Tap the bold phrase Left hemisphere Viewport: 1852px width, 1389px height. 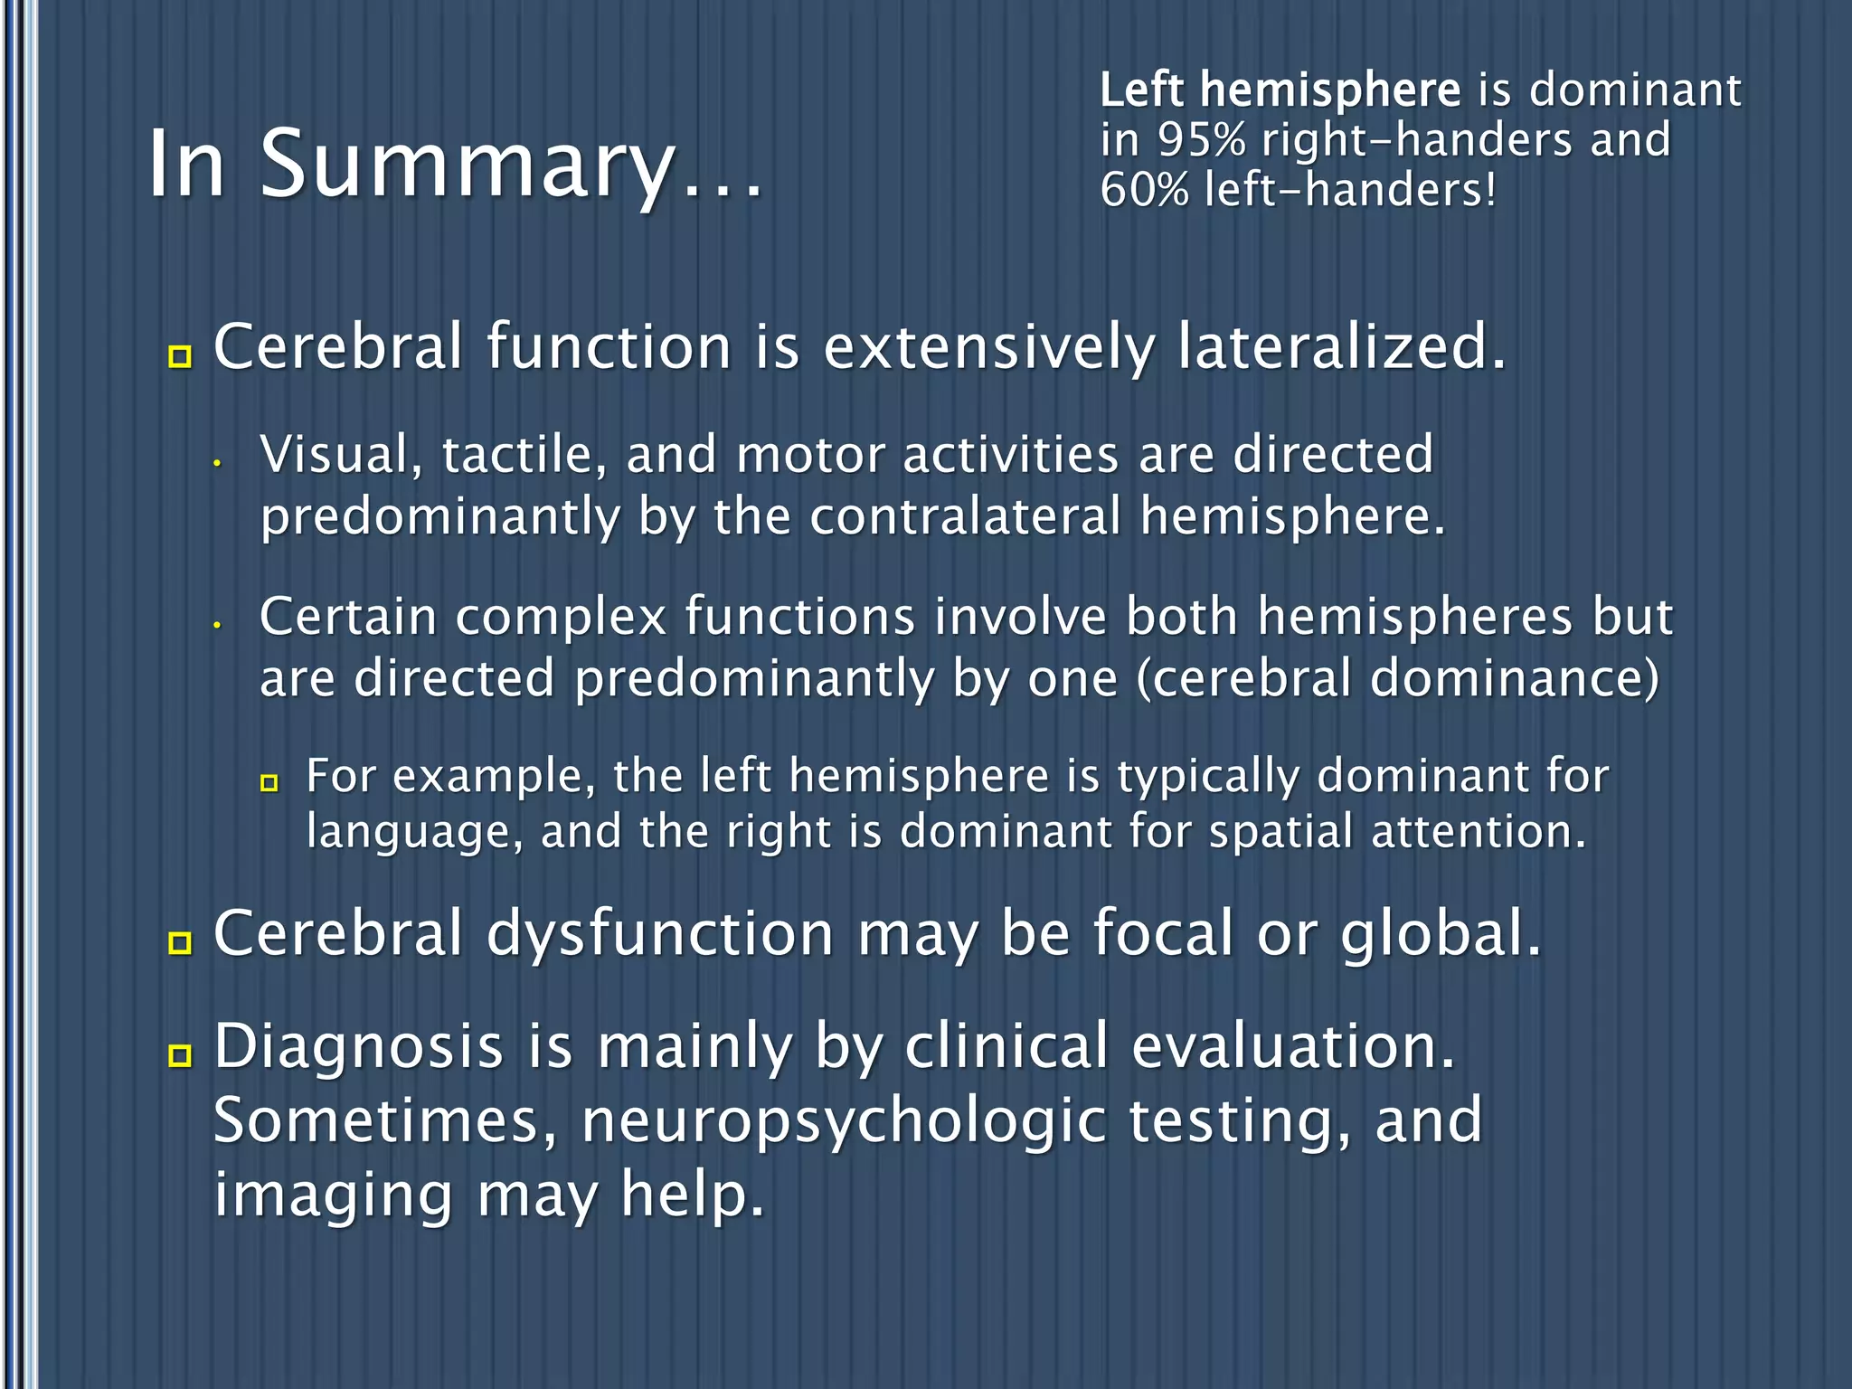[1280, 90]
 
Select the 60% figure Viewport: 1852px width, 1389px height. [1144, 191]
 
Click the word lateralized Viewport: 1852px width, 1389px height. [1342, 347]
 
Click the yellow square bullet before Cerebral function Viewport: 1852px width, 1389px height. [181, 356]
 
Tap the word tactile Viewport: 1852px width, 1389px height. [524, 455]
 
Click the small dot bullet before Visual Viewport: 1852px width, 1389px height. [217, 464]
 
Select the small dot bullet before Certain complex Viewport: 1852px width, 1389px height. [217, 625]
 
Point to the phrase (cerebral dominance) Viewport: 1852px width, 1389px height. [1398, 679]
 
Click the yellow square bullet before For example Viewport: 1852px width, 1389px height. [269, 783]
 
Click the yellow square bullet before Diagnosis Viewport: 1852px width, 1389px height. [181, 1055]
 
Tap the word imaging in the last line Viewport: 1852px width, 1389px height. [333, 1196]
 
